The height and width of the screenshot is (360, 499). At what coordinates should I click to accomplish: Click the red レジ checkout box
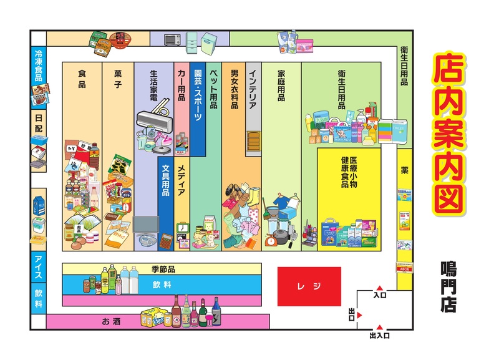point(309,286)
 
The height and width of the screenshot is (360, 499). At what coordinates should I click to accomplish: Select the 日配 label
point(39,122)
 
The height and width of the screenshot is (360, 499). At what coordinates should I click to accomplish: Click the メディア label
point(182,181)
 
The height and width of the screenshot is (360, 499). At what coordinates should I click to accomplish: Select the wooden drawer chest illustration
point(253,142)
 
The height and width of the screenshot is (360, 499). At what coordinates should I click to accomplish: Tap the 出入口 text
point(379,336)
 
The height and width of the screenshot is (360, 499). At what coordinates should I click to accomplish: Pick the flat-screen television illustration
point(147,225)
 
